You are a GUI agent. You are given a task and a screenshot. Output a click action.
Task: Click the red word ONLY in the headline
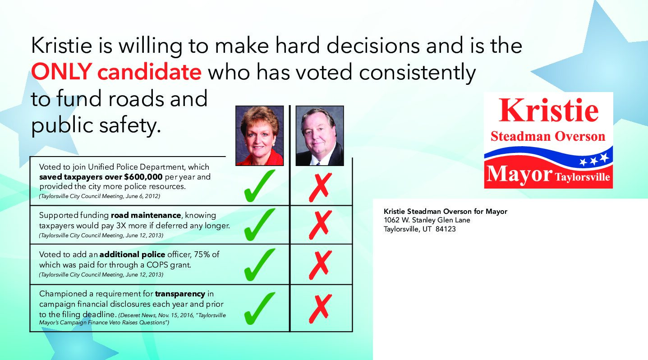coord(61,71)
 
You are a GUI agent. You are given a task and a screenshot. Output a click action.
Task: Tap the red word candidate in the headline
coord(149,71)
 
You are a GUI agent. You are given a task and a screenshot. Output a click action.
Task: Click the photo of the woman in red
coord(259,136)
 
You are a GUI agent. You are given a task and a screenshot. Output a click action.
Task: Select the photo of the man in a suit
coord(320,136)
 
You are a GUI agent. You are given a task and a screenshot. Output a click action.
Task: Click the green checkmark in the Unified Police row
coord(259,186)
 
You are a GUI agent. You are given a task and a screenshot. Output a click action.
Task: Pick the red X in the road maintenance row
coord(320,225)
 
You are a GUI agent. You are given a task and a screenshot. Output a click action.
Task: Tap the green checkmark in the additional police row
coord(259,264)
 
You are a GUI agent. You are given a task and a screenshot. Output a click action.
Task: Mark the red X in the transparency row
coord(320,309)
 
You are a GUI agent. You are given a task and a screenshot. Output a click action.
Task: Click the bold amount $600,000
coord(143,177)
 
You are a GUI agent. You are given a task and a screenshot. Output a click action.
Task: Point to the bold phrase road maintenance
coord(146,215)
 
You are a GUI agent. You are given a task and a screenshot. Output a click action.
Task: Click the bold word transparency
coord(180,294)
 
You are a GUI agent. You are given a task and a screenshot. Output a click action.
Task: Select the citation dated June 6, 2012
coord(100,196)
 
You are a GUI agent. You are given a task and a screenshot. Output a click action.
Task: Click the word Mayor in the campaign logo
coord(519,174)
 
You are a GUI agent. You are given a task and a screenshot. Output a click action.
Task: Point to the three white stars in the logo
coord(593,159)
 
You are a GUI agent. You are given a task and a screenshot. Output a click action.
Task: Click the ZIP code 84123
coord(446,229)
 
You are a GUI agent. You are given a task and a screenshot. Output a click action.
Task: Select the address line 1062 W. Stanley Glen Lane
coord(427,220)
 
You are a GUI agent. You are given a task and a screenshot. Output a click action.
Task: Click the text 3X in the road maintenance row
coord(120,226)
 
